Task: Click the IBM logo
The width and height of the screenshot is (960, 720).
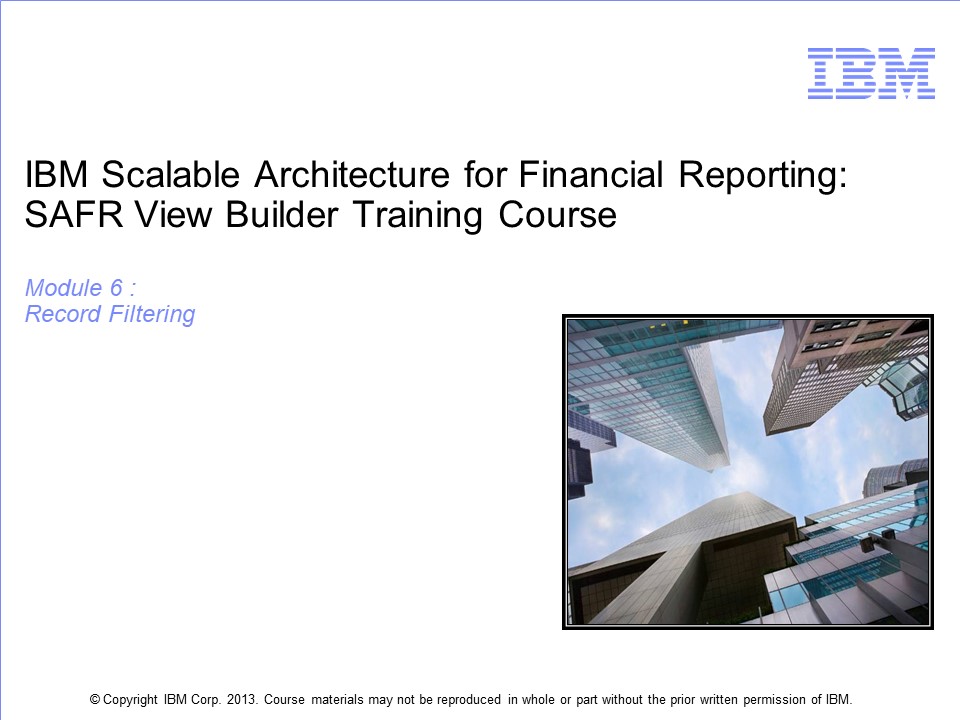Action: tap(871, 73)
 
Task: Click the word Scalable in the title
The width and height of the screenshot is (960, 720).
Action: tap(170, 174)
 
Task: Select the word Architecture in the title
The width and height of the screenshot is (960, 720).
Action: tap(352, 174)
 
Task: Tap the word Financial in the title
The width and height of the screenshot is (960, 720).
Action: tap(591, 174)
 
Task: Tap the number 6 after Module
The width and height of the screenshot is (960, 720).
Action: tap(116, 288)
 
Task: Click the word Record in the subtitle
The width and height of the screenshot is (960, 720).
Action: tap(63, 314)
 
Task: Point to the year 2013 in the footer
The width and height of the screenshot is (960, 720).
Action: tap(242, 699)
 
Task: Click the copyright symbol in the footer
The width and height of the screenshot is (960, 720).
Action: tap(95, 699)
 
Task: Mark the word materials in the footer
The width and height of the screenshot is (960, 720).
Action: tap(337, 699)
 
